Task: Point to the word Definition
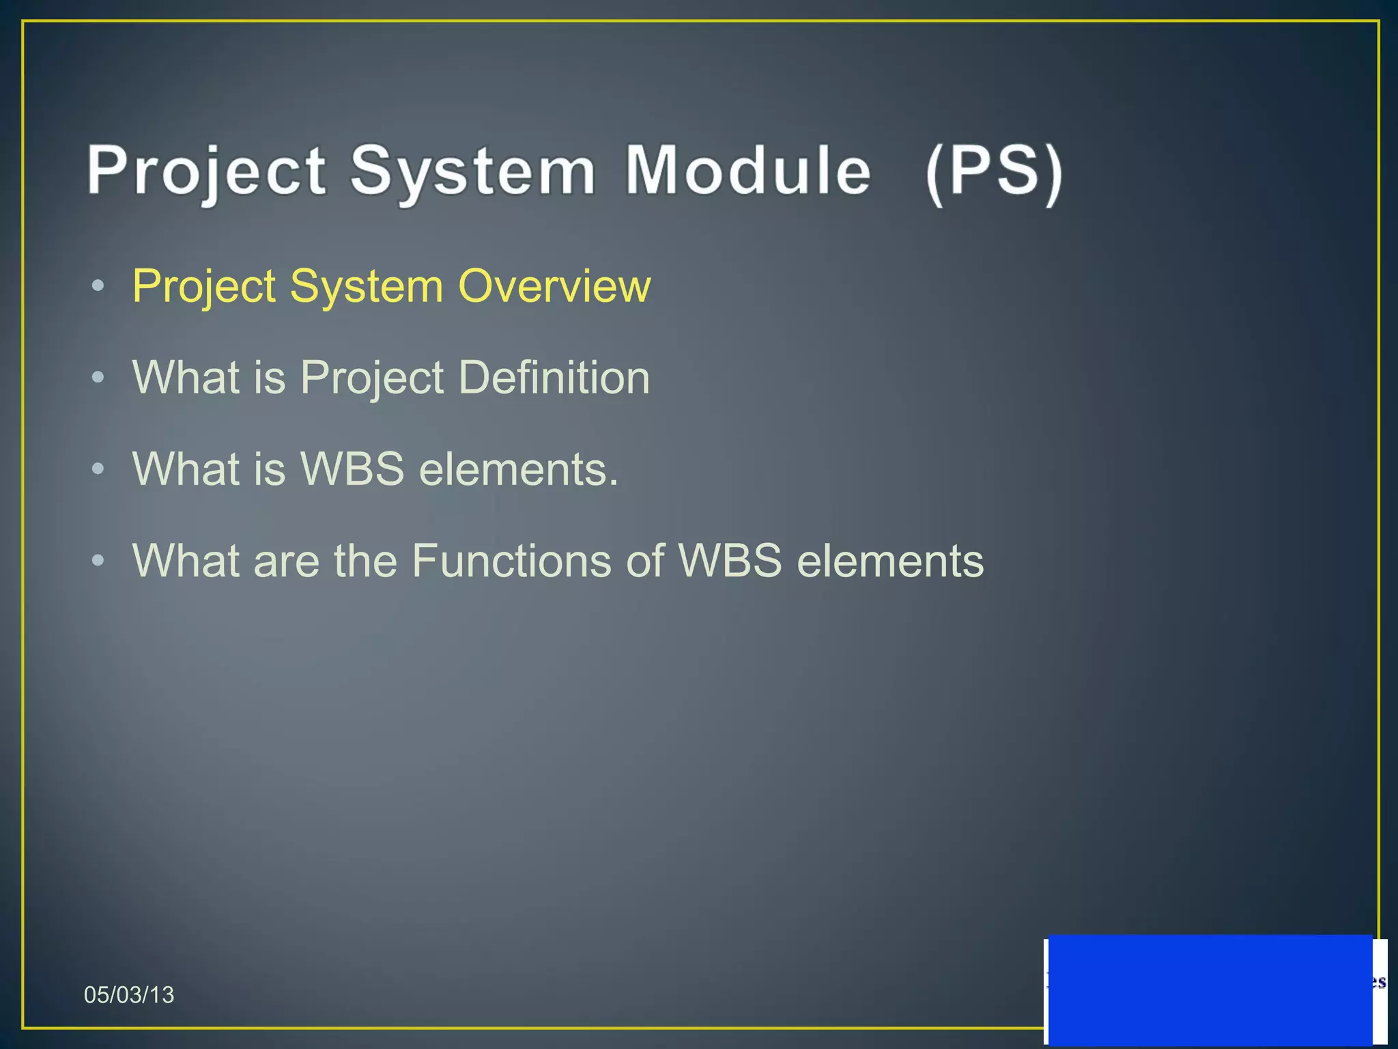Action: point(554,377)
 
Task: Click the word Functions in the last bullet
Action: point(537,561)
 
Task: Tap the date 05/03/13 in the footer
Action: point(129,994)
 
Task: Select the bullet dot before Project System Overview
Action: point(98,286)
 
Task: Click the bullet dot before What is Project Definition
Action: point(98,378)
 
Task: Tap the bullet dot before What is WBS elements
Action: point(98,469)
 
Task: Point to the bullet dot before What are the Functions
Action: point(98,561)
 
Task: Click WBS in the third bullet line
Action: point(352,469)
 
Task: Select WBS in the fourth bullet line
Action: point(730,561)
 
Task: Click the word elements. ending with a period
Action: point(518,470)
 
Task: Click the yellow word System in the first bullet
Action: point(367,287)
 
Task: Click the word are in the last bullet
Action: point(286,561)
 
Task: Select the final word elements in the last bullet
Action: point(890,561)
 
